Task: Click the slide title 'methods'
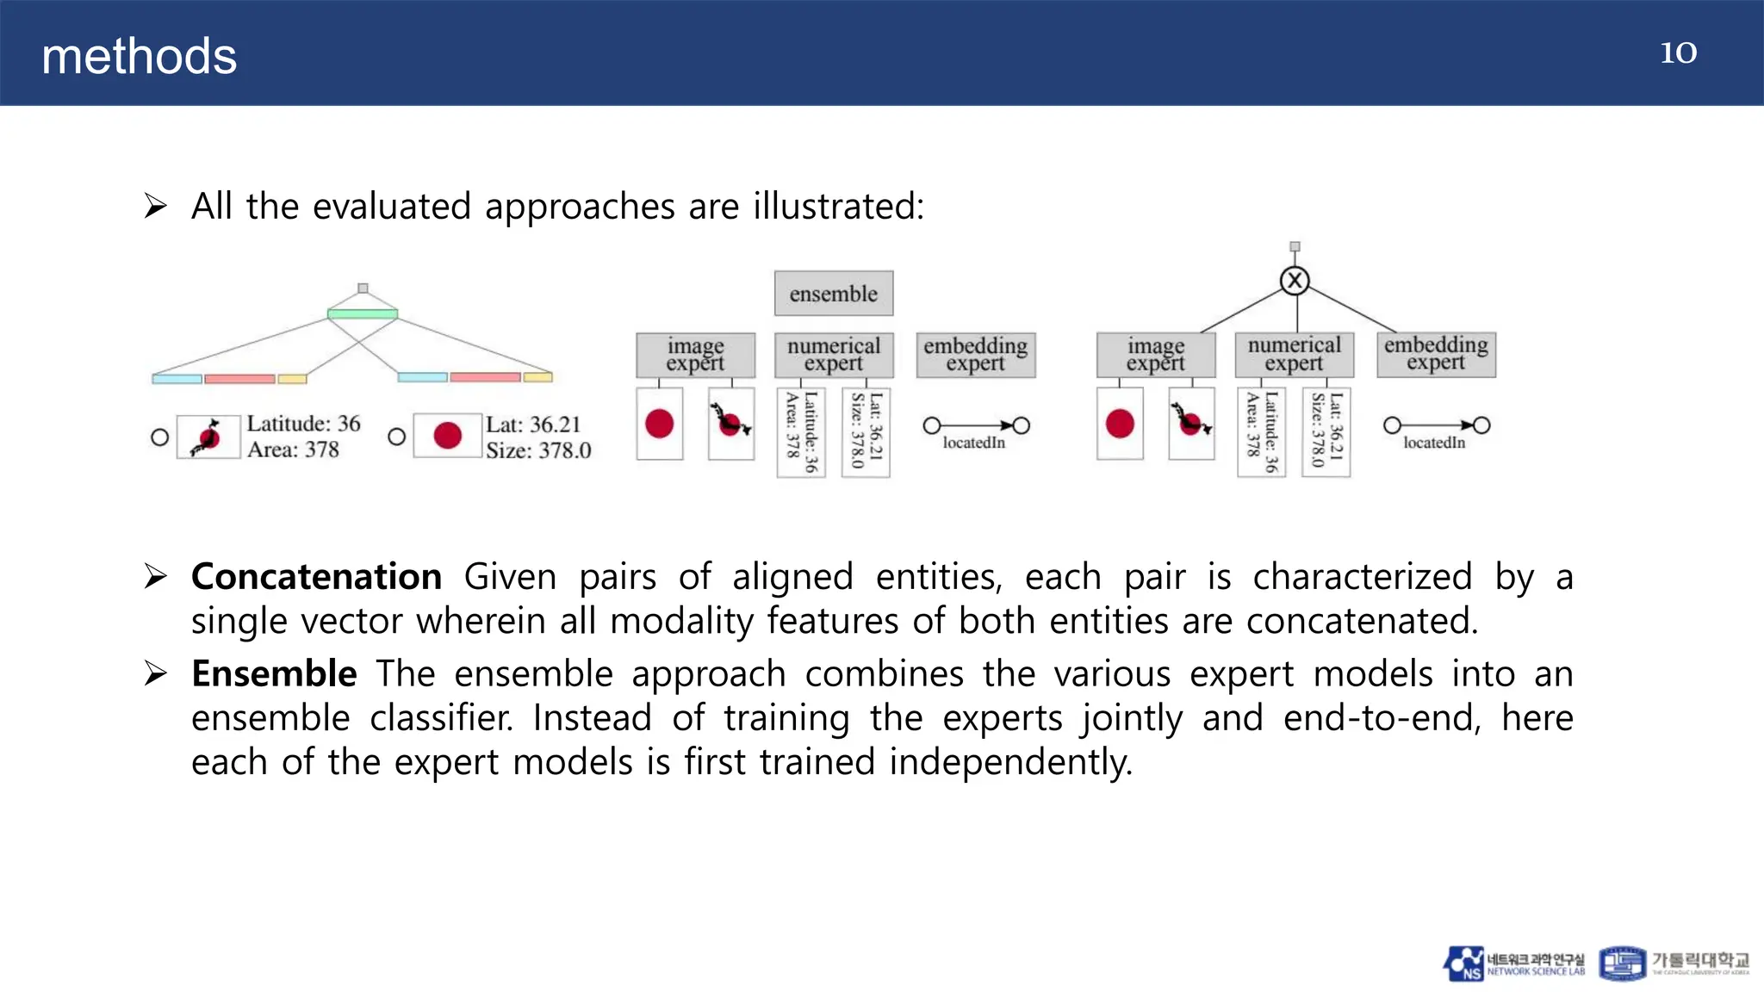[x=139, y=57]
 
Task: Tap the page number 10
[x=1678, y=53]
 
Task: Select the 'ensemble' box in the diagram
[x=833, y=294]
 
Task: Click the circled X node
[x=1294, y=281]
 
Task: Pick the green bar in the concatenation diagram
[x=363, y=313]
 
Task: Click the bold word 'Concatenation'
[x=316, y=577]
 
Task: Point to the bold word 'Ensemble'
[x=274, y=673]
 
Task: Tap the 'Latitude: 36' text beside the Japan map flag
[x=303, y=424]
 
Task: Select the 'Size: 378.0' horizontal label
[x=538, y=450]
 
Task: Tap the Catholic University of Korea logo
[x=1674, y=964]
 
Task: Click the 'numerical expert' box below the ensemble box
[x=833, y=355]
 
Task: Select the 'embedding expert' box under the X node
[x=1436, y=354]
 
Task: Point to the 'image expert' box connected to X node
[x=1155, y=355]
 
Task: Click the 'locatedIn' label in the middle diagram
[x=973, y=443]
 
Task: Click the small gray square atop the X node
[x=1294, y=247]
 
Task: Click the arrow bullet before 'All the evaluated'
[x=156, y=207]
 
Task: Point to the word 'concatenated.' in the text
[x=1362, y=621]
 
